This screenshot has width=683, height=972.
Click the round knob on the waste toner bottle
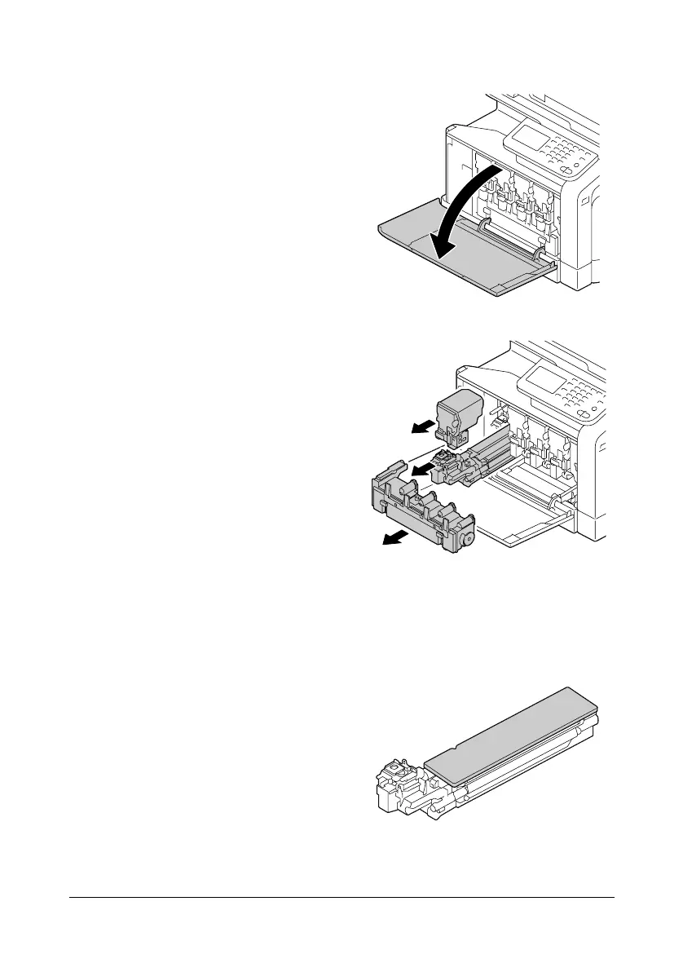(x=467, y=540)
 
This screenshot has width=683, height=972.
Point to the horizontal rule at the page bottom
(x=341, y=899)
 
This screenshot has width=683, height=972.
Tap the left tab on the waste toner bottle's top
(x=386, y=491)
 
